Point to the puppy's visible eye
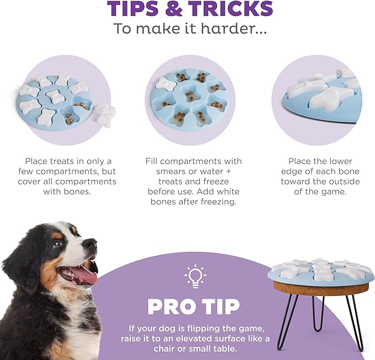(57, 244)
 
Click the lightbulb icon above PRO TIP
(195, 276)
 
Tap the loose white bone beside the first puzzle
(105, 114)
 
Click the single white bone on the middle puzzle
(165, 84)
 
